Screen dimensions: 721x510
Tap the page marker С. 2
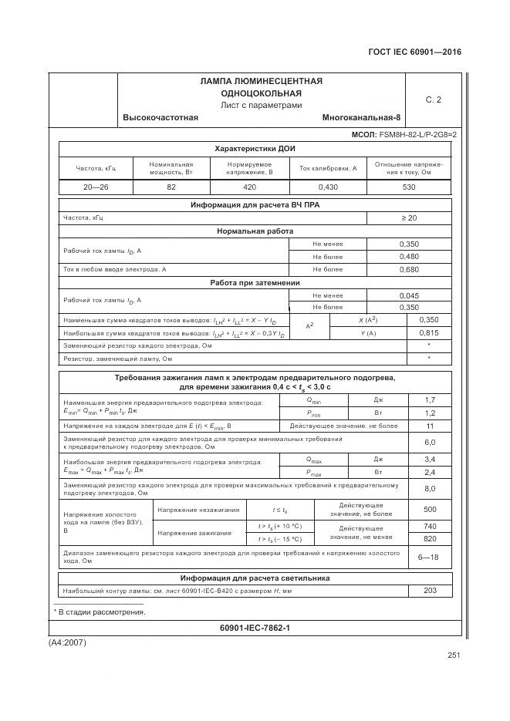click(x=433, y=99)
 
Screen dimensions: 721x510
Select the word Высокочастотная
click(x=160, y=117)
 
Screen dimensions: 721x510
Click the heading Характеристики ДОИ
click(x=254, y=148)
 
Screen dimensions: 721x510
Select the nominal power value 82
click(x=171, y=187)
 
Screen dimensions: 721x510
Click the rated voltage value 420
click(x=249, y=187)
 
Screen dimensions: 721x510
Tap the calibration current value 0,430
click(x=328, y=187)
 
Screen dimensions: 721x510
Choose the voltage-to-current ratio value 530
click(x=409, y=187)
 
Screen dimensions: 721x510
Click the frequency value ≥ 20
click(x=408, y=218)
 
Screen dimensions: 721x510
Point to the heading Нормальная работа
click(x=254, y=231)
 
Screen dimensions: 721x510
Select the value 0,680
click(x=408, y=270)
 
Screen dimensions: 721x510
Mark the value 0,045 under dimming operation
click(x=408, y=295)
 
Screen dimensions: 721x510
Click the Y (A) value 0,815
click(x=428, y=332)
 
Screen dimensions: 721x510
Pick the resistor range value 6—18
click(x=429, y=557)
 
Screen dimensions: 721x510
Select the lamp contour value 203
click(x=429, y=591)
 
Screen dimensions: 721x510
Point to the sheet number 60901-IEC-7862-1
click(x=254, y=628)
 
